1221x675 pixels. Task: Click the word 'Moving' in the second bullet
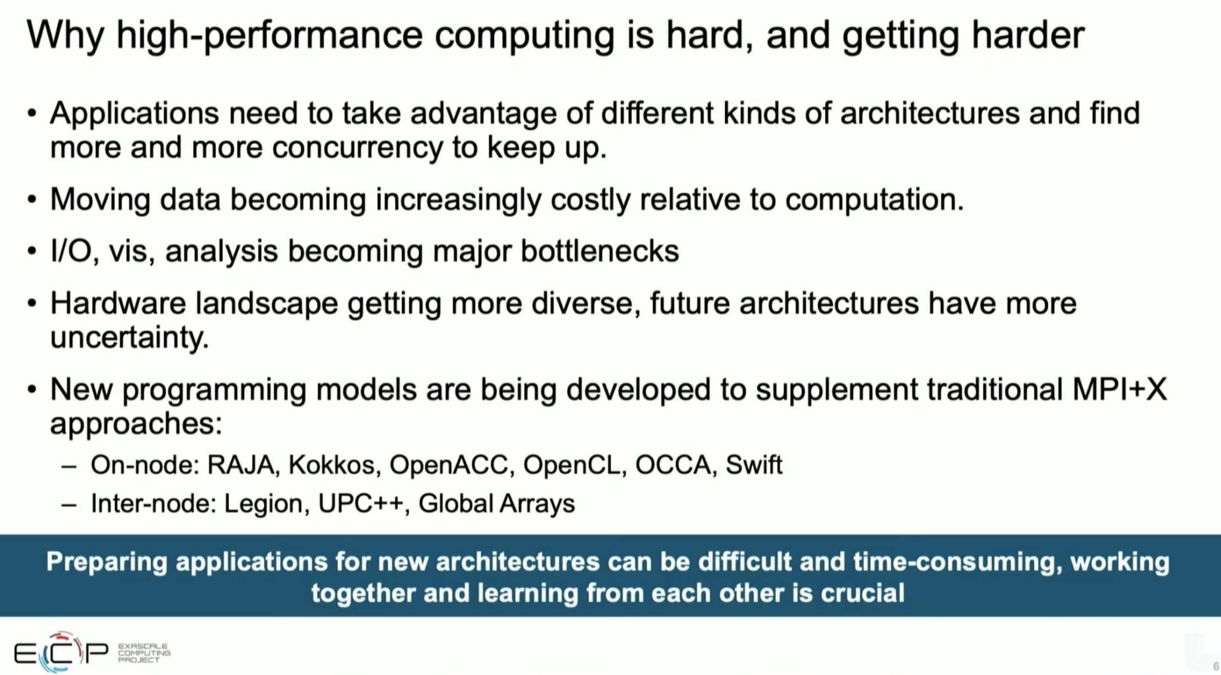[x=100, y=200]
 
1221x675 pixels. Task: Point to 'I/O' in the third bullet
[x=71, y=251]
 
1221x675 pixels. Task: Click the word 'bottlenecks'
[x=599, y=251]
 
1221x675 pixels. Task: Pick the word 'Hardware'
[x=118, y=303]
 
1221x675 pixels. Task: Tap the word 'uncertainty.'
[x=129, y=337]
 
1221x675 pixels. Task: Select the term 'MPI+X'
[x=1119, y=389]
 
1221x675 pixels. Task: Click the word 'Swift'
[x=754, y=465]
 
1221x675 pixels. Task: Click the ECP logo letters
[x=61, y=653]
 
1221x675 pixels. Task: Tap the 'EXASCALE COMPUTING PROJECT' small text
[x=144, y=653]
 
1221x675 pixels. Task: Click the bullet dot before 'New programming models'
[x=32, y=390]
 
